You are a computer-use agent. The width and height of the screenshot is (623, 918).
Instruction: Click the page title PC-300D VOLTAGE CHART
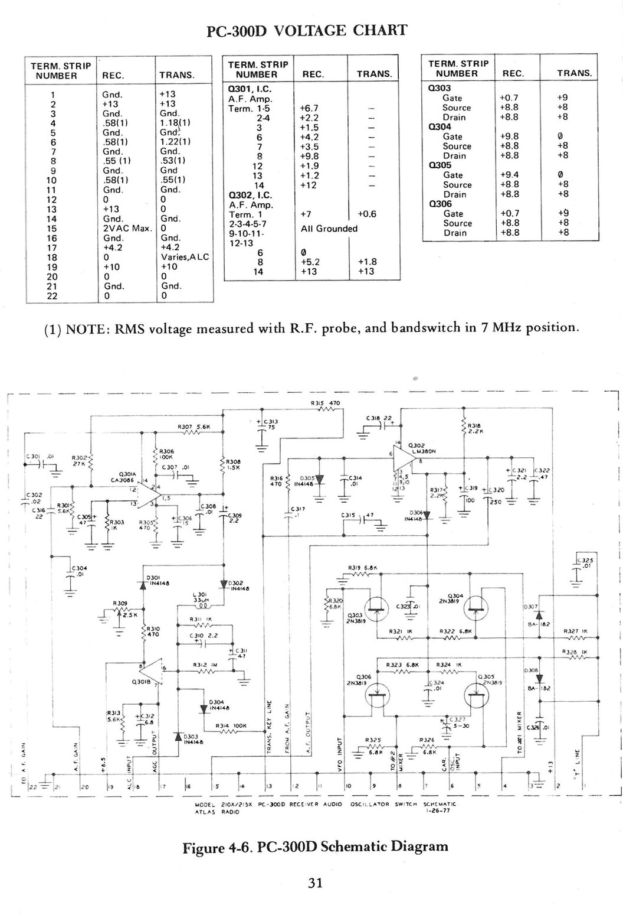pos(305,31)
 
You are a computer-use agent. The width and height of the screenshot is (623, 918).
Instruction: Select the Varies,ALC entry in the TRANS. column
pos(185,257)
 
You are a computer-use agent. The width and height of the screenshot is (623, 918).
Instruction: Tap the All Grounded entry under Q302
pos(329,228)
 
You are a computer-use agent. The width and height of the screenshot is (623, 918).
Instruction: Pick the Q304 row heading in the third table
pos(440,126)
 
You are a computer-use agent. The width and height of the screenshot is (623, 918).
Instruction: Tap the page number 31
pos(313,883)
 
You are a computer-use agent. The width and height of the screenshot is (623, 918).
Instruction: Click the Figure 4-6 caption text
pos(315,847)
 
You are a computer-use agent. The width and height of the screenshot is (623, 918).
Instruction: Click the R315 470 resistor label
pos(326,403)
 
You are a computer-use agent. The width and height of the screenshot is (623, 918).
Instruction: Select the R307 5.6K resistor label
pos(191,427)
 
